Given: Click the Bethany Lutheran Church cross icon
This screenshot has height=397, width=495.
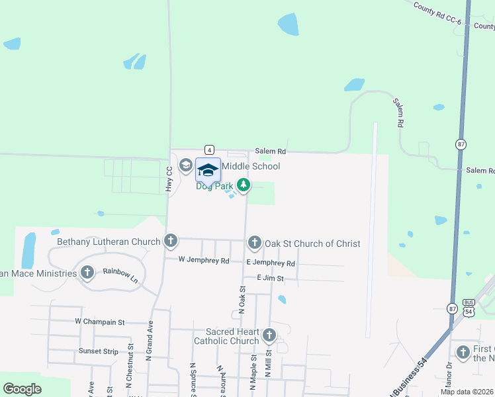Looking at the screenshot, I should (171, 240).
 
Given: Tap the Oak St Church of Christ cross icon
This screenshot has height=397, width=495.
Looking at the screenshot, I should (255, 243).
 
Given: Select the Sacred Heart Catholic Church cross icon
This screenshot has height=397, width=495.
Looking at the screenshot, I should (269, 335).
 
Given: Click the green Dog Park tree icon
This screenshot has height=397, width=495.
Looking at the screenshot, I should (244, 185).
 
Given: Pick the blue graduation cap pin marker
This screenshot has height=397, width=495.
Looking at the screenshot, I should (208, 170).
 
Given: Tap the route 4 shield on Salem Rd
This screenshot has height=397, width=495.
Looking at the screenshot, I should (208, 150).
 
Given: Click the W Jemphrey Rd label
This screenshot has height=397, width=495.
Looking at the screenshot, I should (204, 261).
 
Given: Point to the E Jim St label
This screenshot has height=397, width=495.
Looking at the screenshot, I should (270, 279).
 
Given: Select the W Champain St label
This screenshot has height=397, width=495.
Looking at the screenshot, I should (99, 322).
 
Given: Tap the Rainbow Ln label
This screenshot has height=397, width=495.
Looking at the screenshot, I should (120, 275).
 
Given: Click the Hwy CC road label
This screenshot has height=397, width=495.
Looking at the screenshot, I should (169, 179).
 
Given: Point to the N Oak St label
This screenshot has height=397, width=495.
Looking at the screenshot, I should (242, 299).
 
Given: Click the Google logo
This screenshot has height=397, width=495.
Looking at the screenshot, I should (22, 389).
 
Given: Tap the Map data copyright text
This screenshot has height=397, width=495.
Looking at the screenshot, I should (467, 392).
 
